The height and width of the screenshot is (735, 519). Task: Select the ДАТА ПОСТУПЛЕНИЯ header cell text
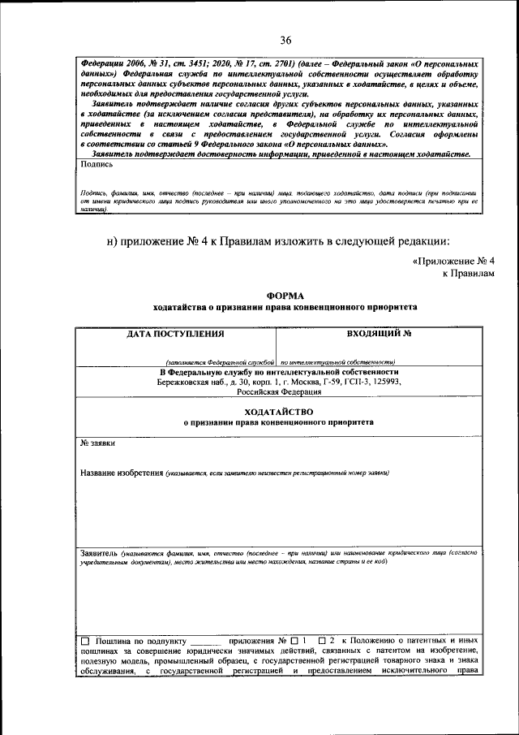click(x=175, y=333)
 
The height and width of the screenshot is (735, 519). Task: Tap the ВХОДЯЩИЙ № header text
click(x=379, y=333)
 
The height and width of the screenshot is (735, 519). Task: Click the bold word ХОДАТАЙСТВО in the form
click(x=278, y=412)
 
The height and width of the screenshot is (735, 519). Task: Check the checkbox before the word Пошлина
click(x=85, y=642)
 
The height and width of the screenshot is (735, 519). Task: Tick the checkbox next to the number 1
click(x=294, y=642)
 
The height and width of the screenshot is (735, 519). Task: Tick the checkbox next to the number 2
click(x=323, y=642)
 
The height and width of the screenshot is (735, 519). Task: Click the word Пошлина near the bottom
click(x=116, y=642)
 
